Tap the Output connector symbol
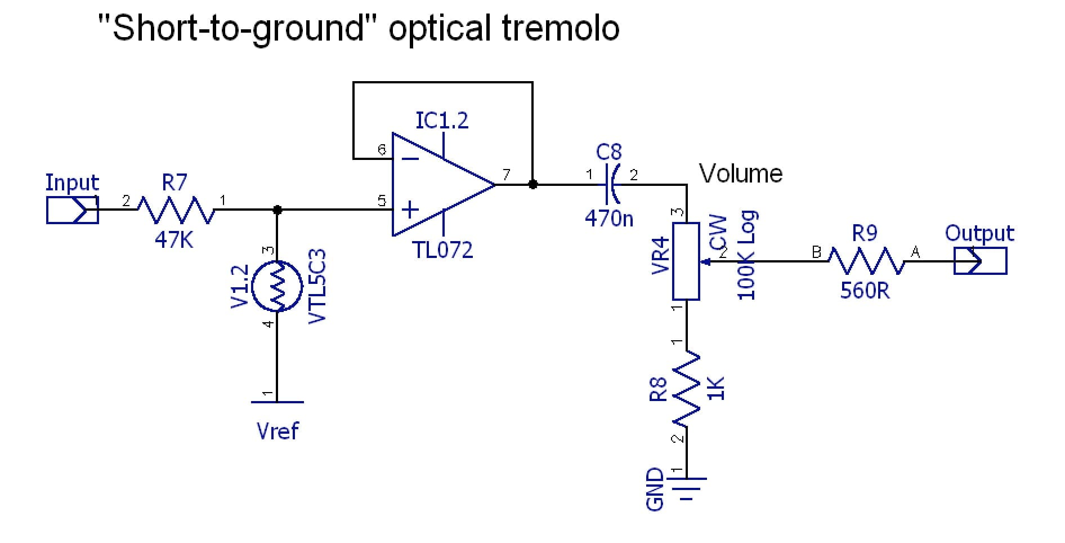click(x=981, y=261)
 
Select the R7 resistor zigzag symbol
click(x=176, y=210)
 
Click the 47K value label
click(x=174, y=241)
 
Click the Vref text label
click(x=278, y=431)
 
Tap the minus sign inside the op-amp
click(x=410, y=159)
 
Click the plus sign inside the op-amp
click(x=410, y=210)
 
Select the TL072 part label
click(x=443, y=250)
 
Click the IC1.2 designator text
click(x=442, y=121)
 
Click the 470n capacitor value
click(x=609, y=218)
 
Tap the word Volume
click(x=741, y=173)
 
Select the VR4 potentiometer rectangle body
click(x=686, y=261)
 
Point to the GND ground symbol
click(x=687, y=486)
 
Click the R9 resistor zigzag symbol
click(x=865, y=261)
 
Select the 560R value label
click(x=865, y=291)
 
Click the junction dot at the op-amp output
click(x=532, y=184)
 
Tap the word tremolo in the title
click(x=560, y=28)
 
